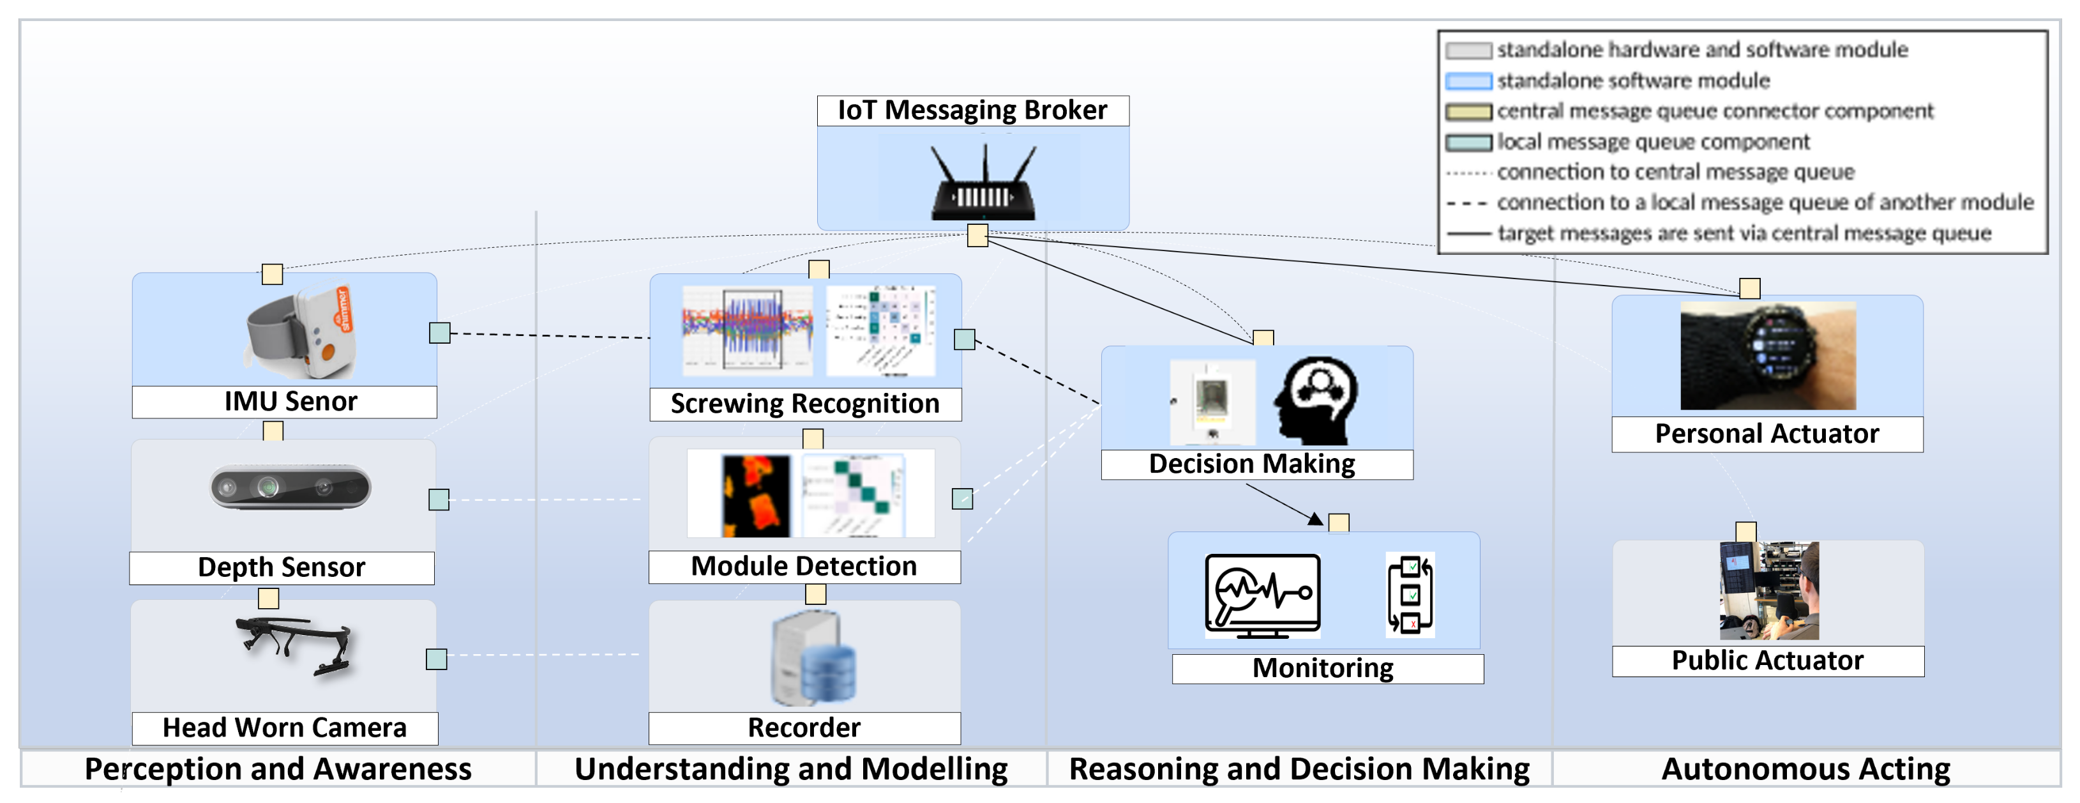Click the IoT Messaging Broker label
point(972,110)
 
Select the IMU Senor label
point(290,401)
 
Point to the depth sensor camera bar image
point(290,487)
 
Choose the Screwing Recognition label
point(805,404)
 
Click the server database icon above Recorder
point(814,659)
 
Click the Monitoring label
point(1323,668)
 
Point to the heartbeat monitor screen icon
point(1263,596)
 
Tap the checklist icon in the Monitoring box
point(1410,595)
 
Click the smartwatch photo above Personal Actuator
point(1768,355)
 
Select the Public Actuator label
point(1768,661)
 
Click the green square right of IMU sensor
point(439,333)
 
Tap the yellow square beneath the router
point(978,235)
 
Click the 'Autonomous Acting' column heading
point(1805,769)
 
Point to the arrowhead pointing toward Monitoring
point(1316,519)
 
